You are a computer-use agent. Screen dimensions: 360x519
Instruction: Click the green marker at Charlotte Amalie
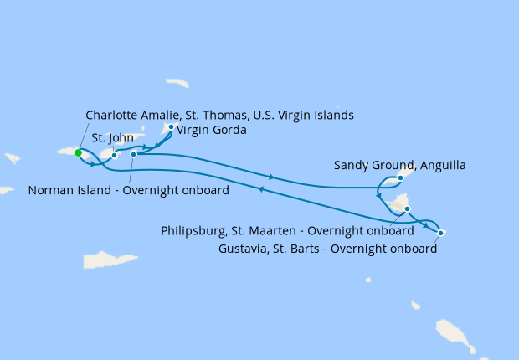pyautogui.click(x=78, y=152)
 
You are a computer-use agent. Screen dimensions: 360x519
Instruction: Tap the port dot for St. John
pyautogui.click(x=114, y=155)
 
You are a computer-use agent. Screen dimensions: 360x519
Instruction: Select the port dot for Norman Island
pyautogui.click(x=134, y=154)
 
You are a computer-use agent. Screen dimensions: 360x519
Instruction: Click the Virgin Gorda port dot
pyautogui.click(x=171, y=127)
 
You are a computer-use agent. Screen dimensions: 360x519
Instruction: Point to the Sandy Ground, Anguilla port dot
pyautogui.click(x=401, y=177)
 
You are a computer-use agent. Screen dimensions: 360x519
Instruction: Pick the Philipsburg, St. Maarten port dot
pyautogui.click(x=407, y=208)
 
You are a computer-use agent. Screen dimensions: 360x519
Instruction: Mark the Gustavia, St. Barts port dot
pyautogui.click(x=440, y=232)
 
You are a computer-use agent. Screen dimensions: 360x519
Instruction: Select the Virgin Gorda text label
pyautogui.click(x=211, y=130)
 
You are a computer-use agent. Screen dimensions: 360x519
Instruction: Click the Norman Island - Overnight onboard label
pyautogui.click(x=128, y=190)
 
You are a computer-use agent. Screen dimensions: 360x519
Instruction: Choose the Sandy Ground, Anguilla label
pyautogui.click(x=400, y=165)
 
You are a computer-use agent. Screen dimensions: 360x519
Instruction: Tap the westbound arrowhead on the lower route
pyautogui.click(x=262, y=189)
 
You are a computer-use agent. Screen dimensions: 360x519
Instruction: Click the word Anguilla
pyautogui.click(x=439, y=165)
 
